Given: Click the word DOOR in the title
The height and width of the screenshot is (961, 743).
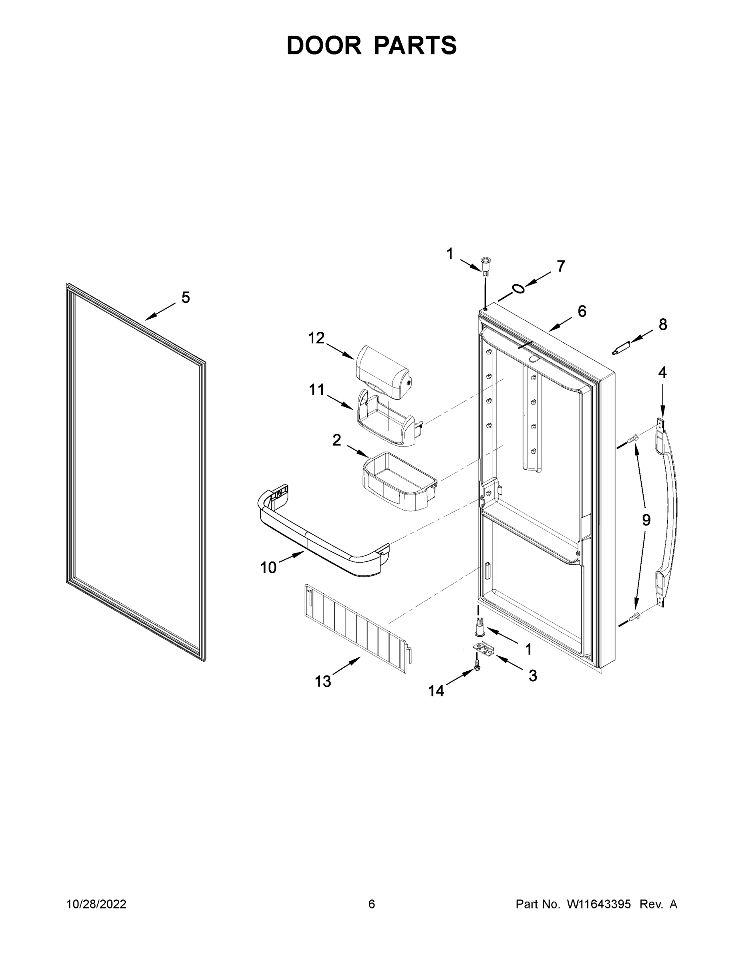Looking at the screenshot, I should click(324, 45).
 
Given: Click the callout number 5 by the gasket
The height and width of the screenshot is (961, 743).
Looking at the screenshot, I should click(186, 298).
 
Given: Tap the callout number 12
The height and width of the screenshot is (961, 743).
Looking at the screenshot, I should click(316, 338).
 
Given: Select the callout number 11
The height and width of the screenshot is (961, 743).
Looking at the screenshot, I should click(316, 390).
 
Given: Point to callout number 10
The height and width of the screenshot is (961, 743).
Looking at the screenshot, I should click(268, 568).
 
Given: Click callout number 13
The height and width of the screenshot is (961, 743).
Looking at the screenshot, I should click(323, 681).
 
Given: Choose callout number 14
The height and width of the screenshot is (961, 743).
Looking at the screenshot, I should click(436, 691).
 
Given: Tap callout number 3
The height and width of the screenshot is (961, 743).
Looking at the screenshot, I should click(533, 676).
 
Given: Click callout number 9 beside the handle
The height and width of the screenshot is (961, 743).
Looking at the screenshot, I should click(646, 520).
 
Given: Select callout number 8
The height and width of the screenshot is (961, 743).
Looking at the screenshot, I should click(662, 325).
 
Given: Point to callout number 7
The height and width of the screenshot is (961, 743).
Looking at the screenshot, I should click(561, 266).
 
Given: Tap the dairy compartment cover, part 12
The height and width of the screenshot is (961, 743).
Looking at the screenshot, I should click(383, 372).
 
